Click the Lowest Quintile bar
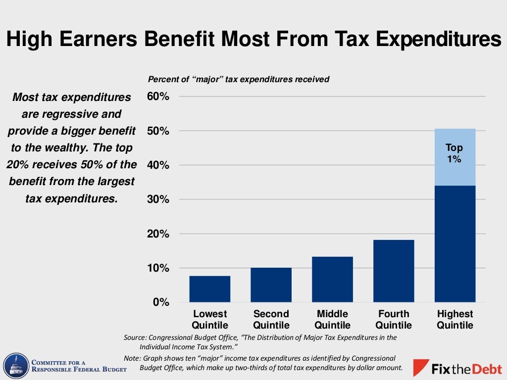tap(209, 289)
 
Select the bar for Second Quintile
tap(271, 285)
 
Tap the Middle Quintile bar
tap(332, 280)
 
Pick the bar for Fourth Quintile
tap(394, 271)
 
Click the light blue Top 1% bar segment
tap(455, 157)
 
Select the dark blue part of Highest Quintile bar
tap(455, 243)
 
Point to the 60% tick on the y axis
tap(158, 96)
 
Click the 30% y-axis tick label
tap(158, 199)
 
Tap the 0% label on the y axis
tap(161, 302)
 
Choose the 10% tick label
tap(158, 268)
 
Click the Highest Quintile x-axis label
tap(455, 320)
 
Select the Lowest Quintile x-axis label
tap(209, 320)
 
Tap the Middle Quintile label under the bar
tap(332, 320)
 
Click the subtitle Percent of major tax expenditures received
tap(239, 79)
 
